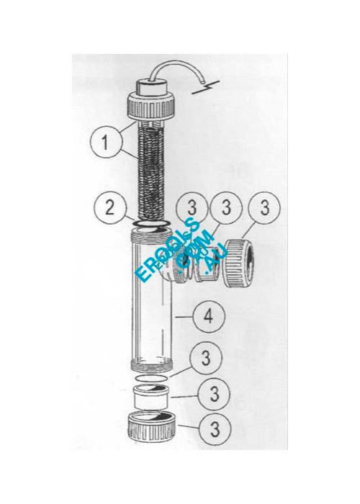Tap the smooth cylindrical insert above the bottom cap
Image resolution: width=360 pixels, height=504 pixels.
155,395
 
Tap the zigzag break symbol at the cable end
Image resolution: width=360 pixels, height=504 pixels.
207,91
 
